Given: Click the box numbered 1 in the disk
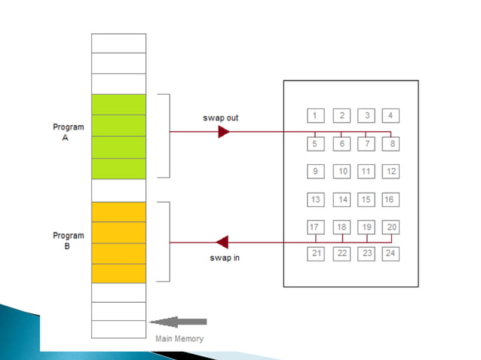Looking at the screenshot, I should tap(315, 115).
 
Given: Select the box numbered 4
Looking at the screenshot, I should tap(390, 115).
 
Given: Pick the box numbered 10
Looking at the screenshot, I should tap(342, 171).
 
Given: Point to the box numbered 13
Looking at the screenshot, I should tap(315, 200).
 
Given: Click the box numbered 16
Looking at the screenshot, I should tap(390, 200).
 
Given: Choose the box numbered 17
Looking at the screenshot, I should tap(315, 227).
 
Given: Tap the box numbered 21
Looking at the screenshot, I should tap(315, 253).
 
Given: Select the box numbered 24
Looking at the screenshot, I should tap(390, 253).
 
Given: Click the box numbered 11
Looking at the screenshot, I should tap(366, 171).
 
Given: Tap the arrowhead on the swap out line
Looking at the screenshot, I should tap(223, 132).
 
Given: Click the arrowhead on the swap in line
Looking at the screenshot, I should tap(222, 243).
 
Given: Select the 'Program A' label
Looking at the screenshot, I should tap(68, 133).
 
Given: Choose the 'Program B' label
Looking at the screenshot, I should tap(68, 240).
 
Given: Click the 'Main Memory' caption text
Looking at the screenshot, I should tap(179, 339).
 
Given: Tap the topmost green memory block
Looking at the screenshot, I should tap(118, 104).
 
